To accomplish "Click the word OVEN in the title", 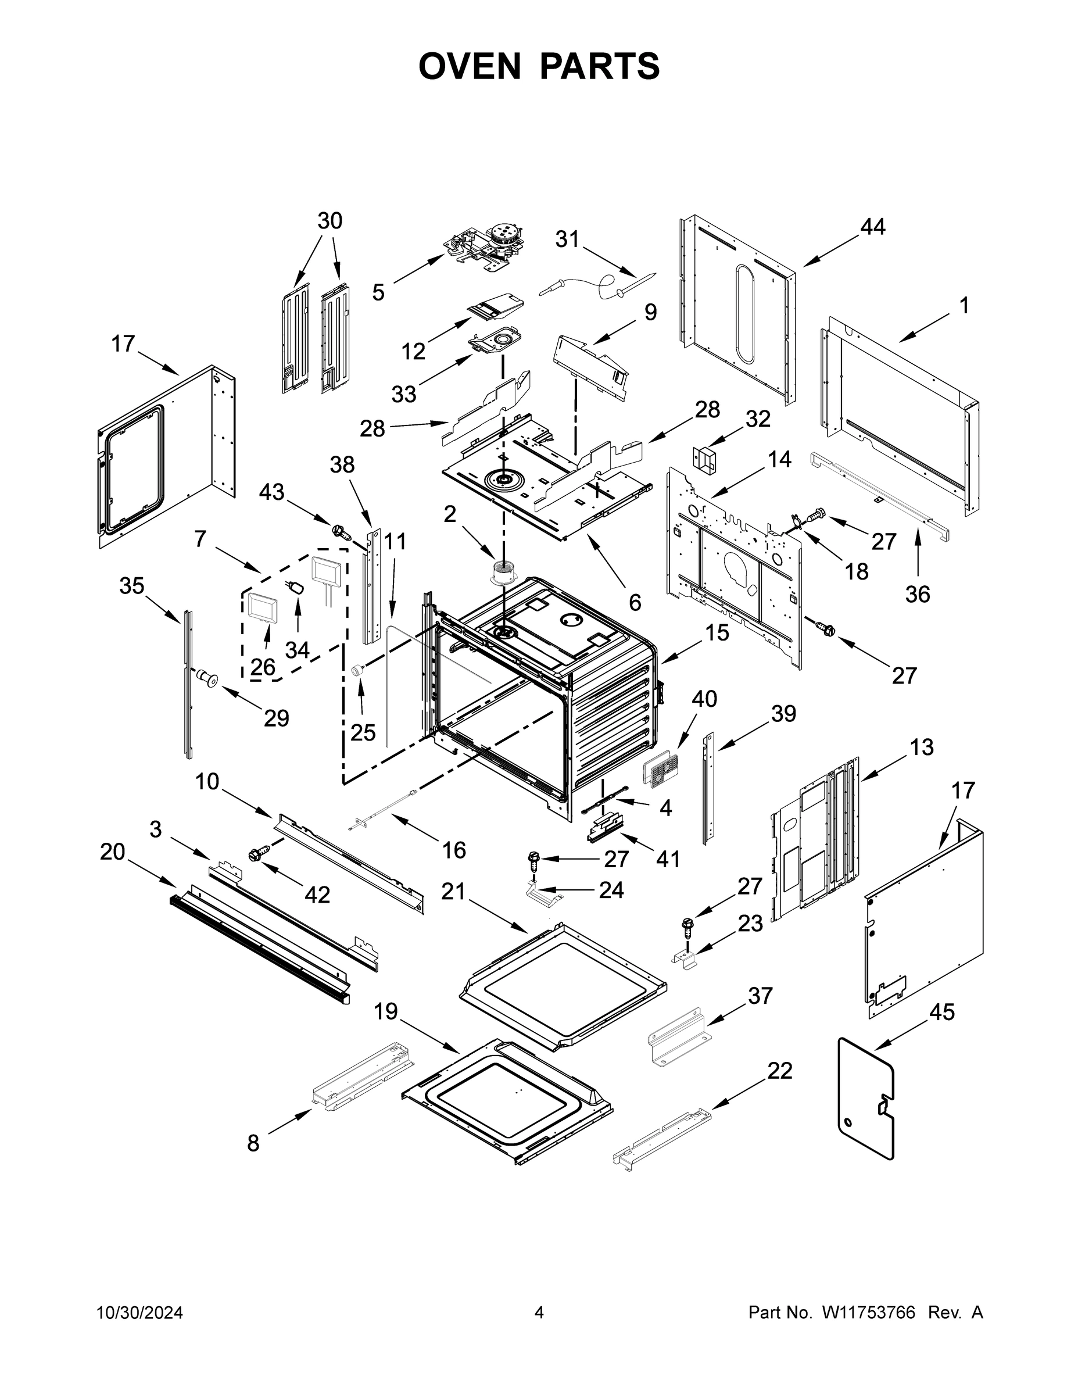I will point(470,66).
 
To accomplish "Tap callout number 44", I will point(872,227).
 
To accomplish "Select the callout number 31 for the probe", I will point(567,239).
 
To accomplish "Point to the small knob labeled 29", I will point(206,678).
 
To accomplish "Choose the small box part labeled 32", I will point(704,459).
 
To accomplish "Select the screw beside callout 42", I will point(259,853).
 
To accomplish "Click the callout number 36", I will point(918,594).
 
